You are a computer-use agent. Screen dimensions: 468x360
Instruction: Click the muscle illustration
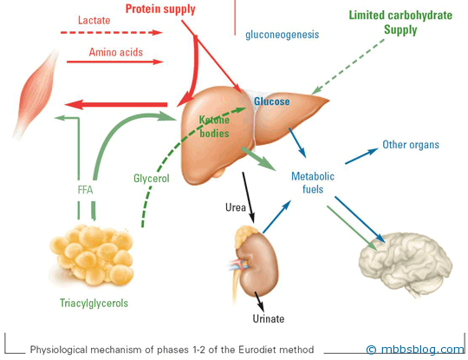(x=36, y=94)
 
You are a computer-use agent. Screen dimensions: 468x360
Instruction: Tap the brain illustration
(x=406, y=263)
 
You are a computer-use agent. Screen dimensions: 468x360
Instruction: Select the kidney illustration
(x=255, y=263)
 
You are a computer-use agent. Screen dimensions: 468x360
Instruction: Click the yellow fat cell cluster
(x=92, y=255)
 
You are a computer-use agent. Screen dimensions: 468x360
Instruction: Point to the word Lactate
(x=94, y=20)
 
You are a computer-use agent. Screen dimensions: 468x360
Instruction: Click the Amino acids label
(x=116, y=52)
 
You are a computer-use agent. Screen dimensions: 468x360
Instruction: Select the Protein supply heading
(x=160, y=9)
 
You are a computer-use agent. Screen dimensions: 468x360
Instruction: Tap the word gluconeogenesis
(x=282, y=35)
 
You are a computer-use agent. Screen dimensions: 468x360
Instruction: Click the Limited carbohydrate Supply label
(x=400, y=23)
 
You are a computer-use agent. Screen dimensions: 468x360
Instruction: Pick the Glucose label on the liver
(x=271, y=101)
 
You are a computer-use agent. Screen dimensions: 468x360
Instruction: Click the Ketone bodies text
(x=214, y=127)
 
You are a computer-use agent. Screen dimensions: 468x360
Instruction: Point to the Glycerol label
(x=152, y=179)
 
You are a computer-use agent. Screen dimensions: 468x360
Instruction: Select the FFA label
(x=85, y=190)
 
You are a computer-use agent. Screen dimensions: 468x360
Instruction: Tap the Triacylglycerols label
(x=94, y=303)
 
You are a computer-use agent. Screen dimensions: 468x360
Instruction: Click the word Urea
(x=236, y=207)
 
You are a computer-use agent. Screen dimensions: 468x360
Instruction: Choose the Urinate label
(x=269, y=318)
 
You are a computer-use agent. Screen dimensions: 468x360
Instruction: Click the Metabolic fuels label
(x=313, y=182)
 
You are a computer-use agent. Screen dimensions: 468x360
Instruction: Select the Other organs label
(x=411, y=145)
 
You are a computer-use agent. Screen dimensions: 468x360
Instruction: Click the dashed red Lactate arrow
(x=112, y=32)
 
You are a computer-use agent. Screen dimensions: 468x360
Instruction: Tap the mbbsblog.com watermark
(x=415, y=349)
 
